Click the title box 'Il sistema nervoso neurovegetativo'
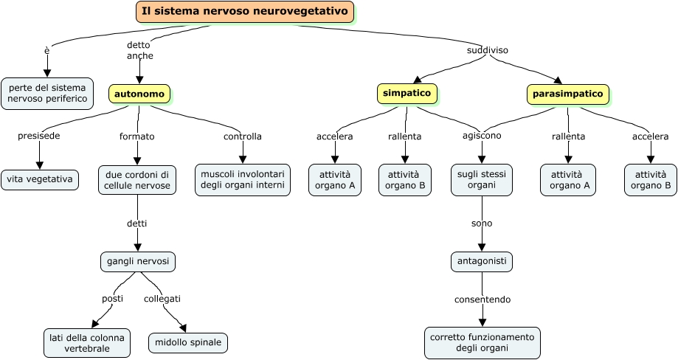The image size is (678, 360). (244, 12)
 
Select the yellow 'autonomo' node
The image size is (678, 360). (139, 94)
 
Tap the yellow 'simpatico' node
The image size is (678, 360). (406, 93)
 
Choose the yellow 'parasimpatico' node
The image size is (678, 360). (567, 94)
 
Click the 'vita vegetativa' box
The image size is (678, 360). (40, 179)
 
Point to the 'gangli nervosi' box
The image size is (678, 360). (138, 262)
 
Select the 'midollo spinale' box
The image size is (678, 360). (188, 343)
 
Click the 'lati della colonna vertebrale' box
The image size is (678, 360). (87, 343)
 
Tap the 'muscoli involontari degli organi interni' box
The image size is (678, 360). (243, 179)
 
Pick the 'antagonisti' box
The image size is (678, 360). (482, 262)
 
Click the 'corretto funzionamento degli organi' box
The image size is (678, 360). (482, 343)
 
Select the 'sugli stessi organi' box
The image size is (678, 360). (482, 179)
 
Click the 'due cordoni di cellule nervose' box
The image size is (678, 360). (137, 179)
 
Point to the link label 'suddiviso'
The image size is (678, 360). (488, 50)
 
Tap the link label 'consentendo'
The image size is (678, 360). (482, 300)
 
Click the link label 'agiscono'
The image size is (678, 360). (482, 136)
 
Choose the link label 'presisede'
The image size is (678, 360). (39, 136)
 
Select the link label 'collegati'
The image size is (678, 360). (162, 299)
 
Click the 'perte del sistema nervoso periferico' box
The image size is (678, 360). (47, 93)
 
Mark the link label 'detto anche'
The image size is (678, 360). (139, 50)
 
